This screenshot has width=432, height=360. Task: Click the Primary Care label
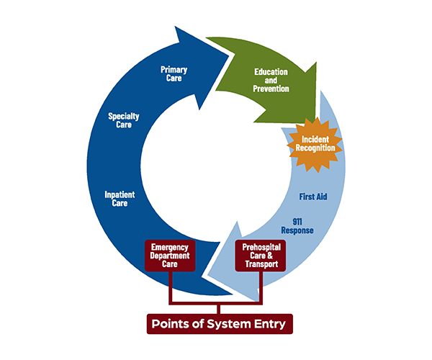[x=174, y=73]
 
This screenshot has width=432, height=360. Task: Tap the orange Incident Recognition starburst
[x=318, y=143]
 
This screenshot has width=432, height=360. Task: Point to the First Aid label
[x=313, y=197]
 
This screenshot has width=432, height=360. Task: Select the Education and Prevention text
[x=271, y=80]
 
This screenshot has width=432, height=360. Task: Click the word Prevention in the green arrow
[x=271, y=89]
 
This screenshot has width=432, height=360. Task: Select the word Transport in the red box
[x=262, y=265]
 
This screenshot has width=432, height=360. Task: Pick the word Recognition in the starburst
[x=318, y=148]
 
